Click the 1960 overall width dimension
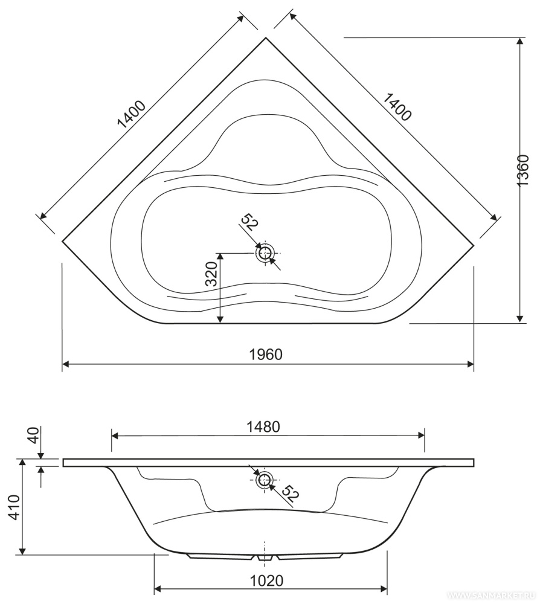coord(266,355)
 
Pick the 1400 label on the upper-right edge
coord(396,106)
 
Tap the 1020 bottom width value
coord(266,580)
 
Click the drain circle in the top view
coord(265,253)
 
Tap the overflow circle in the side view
coord(264,480)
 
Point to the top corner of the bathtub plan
coord(266,37)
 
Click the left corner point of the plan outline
coord(63,241)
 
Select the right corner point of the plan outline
coord(474,243)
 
